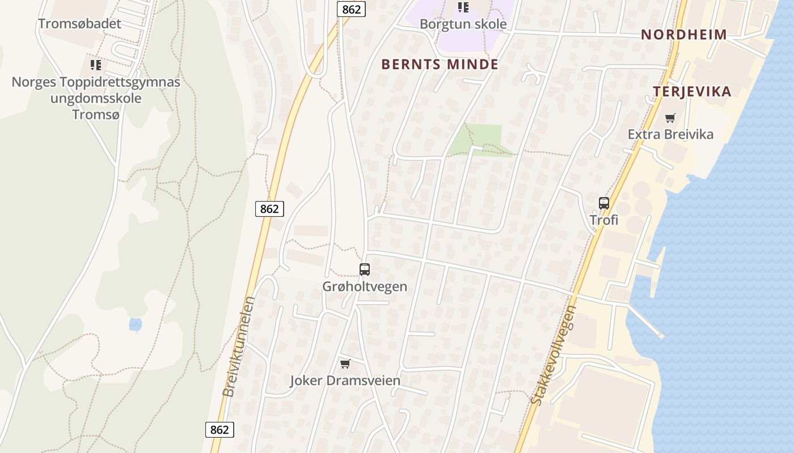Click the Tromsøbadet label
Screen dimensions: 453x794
coord(79,24)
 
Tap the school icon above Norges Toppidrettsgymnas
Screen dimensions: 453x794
coord(95,65)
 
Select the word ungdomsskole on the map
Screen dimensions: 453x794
coord(96,98)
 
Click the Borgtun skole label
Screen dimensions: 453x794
coord(463,24)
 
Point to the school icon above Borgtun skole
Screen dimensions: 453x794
coord(463,7)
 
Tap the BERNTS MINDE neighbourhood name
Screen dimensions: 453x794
coord(440,65)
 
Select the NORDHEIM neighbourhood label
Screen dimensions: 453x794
coord(683,35)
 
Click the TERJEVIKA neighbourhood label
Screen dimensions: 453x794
coord(691,92)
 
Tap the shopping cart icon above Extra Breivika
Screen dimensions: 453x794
coord(670,118)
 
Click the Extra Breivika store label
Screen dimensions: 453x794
coord(670,135)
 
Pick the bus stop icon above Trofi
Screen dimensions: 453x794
coord(604,203)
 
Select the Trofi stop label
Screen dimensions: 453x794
coord(604,220)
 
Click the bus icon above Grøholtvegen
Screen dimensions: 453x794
coord(365,270)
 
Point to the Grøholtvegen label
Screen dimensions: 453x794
coord(365,287)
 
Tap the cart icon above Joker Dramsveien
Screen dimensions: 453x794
coord(345,364)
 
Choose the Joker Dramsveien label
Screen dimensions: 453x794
coord(345,381)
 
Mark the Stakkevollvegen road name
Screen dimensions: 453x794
coord(554,355)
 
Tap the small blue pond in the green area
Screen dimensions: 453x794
coord(135,324)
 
